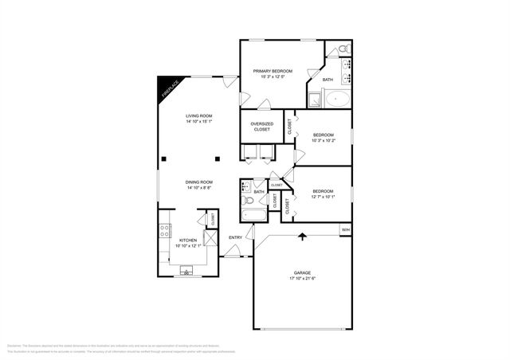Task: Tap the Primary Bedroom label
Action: point(273,72)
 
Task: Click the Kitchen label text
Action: point(188,240)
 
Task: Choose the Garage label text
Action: point(302,272)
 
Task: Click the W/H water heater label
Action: point(345,230)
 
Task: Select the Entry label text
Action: point(236,237)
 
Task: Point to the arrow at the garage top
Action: point(303,236)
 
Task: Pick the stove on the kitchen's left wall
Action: point(165,231)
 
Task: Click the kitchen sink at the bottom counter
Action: point(189,272)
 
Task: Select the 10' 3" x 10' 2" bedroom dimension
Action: point(323,141)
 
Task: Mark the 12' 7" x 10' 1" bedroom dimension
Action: point(323,197)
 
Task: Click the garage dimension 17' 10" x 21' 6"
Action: point(302,278)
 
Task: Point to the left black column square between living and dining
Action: point(162,158)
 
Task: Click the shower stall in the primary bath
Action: point(314,100)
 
